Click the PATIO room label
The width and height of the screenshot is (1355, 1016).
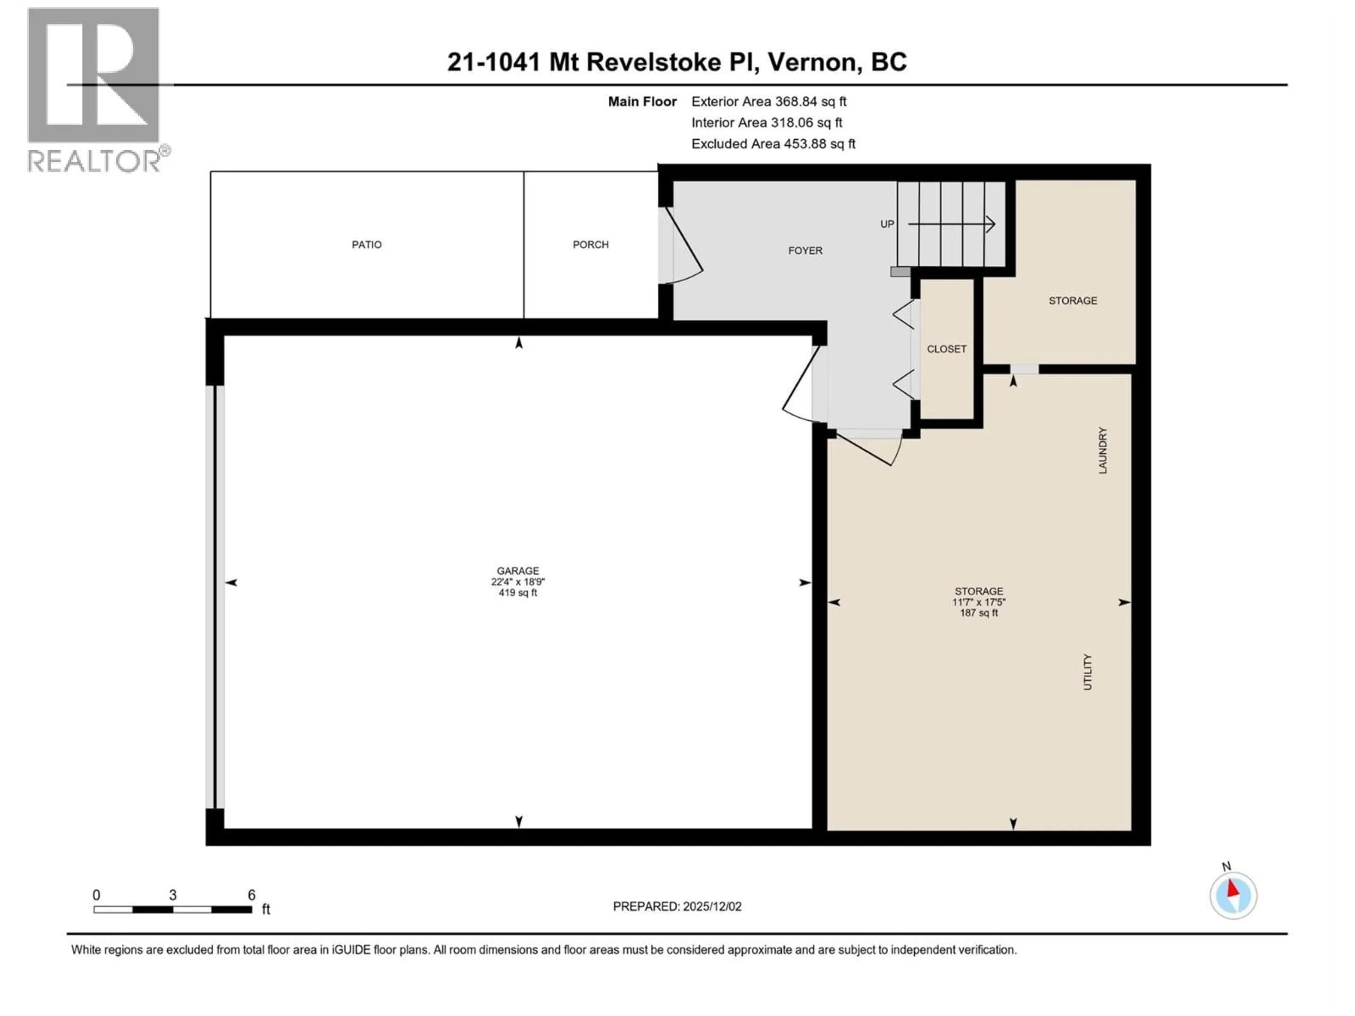(x=366, y=245)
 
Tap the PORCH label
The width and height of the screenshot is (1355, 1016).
(x=590, y=245)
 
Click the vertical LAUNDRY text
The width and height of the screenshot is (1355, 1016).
(x=1103, y=451)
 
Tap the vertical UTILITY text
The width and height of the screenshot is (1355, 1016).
(x=1088, y=672)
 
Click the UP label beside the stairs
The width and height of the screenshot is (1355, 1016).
(x=887, y=224)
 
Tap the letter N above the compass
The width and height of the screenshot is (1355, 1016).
(x=1226, y=866)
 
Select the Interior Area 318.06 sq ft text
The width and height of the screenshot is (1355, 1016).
(x=766, y=122)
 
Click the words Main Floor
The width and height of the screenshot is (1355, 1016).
(x=642, y=102)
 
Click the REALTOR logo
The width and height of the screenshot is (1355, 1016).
(x=94, y=89)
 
